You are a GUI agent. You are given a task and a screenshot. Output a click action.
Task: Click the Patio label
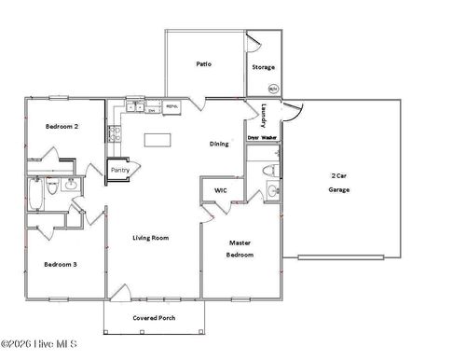[x=203, y=64]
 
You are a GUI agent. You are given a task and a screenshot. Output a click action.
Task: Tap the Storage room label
[x=264, y=67]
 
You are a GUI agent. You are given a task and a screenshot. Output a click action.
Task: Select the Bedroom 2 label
[x=62, y=126]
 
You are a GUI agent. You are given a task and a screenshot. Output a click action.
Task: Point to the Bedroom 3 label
[x=61, y=264]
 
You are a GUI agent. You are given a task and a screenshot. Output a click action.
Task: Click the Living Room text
[x=151, y=238]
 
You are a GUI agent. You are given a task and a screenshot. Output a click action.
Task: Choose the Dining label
[x=219, y=144]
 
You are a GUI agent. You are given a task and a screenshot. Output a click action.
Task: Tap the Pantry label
[x=120, y=170]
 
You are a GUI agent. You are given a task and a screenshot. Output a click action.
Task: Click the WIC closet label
[x=221, y=190]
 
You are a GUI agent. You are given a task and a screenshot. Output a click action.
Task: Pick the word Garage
[x=338, y=189]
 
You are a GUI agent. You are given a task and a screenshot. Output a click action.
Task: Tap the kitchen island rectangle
[x=159, y=141]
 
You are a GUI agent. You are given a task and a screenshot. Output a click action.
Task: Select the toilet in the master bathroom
[x=267, y=171]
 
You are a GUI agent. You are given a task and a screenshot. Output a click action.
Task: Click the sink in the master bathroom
[x=271, y=192]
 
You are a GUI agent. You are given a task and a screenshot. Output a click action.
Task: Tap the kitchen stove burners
[x=116, y=134]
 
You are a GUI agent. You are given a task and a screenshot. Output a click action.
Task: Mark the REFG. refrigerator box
[x=171, y=107]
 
